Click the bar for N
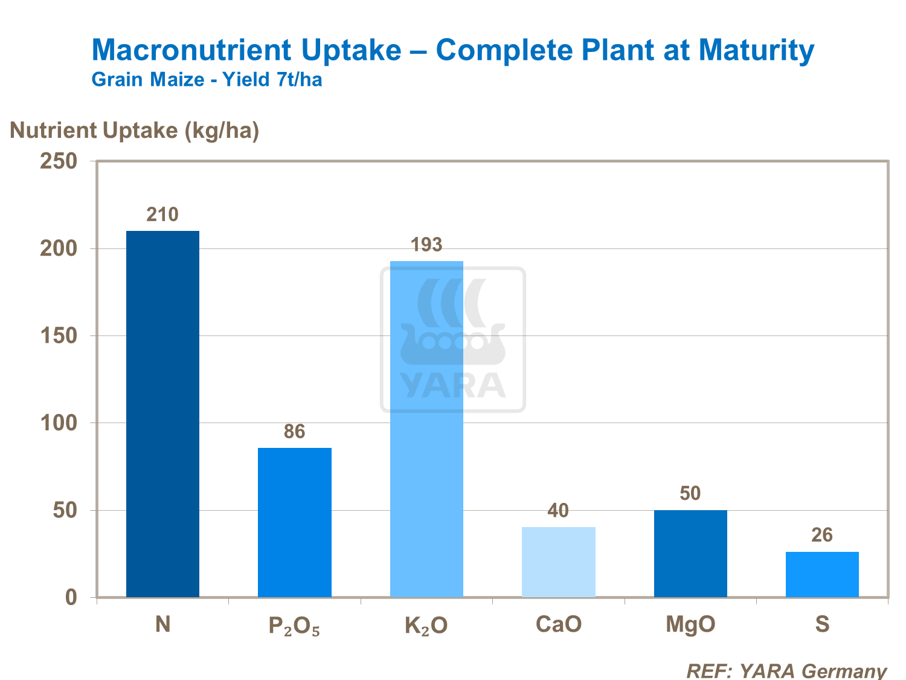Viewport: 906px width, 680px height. (162, 414)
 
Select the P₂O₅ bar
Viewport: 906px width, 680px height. (294, 522)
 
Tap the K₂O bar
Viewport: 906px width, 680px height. (426, 429)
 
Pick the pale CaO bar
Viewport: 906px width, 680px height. (558, 562)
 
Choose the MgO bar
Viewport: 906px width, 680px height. (690, 554)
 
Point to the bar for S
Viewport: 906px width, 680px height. (822, 574)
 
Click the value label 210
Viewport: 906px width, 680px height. (162, 215)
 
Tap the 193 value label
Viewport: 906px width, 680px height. (426, 245)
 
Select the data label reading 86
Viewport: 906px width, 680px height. (294, 432)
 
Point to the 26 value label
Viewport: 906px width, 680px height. (822, 535)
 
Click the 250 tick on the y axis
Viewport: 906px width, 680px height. (59, 161)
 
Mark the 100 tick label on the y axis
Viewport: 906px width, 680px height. (59, 423)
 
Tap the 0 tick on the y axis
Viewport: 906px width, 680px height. (71, 598)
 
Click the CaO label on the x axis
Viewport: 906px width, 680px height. (559, 624)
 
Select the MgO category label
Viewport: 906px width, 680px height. (690, 624)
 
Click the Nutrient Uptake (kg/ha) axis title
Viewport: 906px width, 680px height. (135, 130)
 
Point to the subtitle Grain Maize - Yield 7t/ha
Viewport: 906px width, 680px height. (207, 80)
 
